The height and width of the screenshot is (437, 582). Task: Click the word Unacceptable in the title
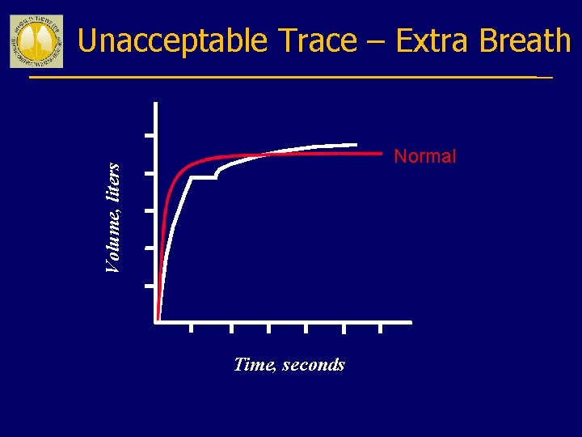pyautogui.click(x=172, y=40)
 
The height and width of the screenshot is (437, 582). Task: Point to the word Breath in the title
pyautogui.click(x=525, y=40)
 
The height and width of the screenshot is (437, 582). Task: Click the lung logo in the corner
pyautogui.click(x=36, y=40)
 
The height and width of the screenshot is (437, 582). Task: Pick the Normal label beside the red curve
pyautogui.click(x=424, y=156)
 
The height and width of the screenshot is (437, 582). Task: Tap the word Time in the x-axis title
pyautogui.click(x=254, y=365)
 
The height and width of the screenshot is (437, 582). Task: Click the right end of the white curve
pyautogui.click(x=356, y=145)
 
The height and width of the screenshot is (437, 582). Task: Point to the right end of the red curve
pyautogui.click(x=381, y=152)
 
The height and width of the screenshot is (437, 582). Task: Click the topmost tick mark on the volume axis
pyautogui.click(x=150, y=136)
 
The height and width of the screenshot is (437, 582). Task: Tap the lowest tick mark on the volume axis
pyautogui.click(x=150, y=286)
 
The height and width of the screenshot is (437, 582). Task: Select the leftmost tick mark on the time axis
pyautogui.click(x=192, y=328)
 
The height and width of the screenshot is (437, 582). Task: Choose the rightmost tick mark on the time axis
pyautogui.click(x=381, y=328)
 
